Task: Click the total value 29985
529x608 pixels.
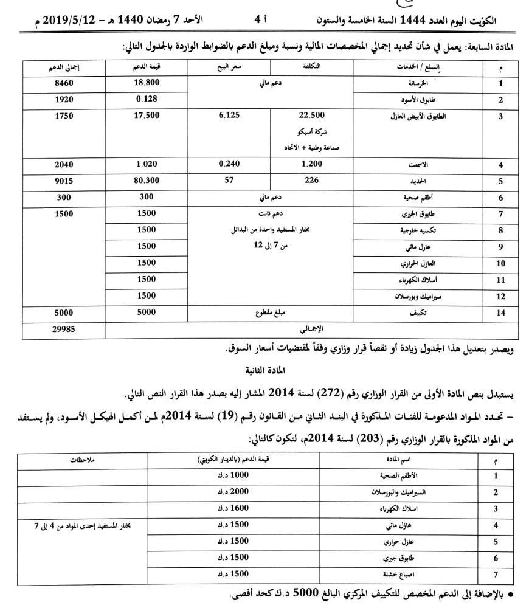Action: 64,330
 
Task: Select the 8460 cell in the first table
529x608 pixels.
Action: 64,84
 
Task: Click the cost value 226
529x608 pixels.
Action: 312,181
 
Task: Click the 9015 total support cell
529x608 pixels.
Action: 64,181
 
